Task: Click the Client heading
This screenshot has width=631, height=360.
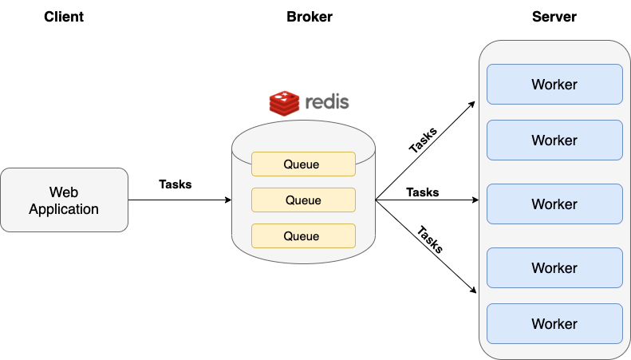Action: pos(63,17)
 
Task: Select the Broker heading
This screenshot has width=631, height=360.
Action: pos(309,17)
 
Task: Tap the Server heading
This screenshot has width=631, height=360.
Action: pos(554,17)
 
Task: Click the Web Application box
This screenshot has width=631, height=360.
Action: pos(64,200)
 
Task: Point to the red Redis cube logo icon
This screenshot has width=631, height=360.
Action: pos(282,103)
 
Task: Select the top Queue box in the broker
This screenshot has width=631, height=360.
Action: pos(302,164)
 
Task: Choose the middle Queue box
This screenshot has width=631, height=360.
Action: pos(302,200)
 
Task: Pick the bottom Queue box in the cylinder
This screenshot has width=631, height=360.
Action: pos(302,236)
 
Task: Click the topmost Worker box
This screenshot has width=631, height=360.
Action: pos(554,85)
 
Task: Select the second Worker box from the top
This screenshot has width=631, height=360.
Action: pos(554,140)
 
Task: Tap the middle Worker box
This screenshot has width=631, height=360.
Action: pos(554,204)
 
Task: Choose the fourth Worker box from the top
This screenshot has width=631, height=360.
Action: pos(554,268)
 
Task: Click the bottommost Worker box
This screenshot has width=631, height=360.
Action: pos(554,324)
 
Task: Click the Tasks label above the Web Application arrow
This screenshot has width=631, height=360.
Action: pos(175,184)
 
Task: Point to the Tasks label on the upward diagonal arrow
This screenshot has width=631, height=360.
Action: pos(423,137)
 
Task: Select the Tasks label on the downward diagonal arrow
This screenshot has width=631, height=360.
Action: pos(429,239)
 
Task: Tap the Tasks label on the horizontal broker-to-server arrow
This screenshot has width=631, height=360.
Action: pos(423,192)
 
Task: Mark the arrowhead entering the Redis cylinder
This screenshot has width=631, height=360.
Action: pos(227,200)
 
